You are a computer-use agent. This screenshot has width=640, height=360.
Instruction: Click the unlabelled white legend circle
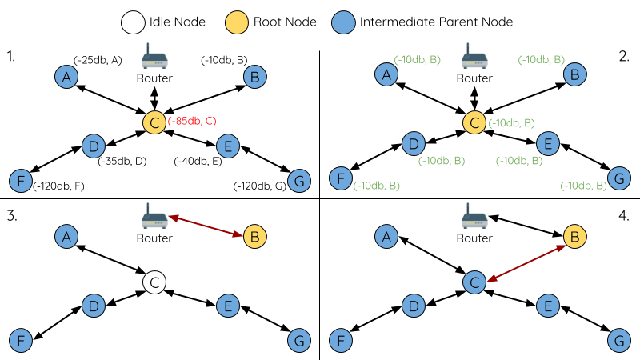click(x=134, y=22)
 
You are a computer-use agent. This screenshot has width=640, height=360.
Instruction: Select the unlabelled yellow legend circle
click(x=238, y=22)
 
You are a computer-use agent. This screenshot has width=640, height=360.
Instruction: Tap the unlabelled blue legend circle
click(x=343, y=22)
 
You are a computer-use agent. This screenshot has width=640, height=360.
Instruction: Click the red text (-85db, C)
click(x=192, y=122)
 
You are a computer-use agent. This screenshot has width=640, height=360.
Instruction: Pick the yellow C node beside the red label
click(x=154, y=122)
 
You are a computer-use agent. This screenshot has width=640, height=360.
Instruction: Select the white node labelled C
click(x=154, y=282)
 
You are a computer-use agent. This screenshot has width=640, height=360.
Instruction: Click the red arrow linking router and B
click(x=206, y=226)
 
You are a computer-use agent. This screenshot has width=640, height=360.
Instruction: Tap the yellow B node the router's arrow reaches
click(x=254, y=237)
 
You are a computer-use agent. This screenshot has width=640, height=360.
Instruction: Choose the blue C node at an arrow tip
click(x=475, y=282)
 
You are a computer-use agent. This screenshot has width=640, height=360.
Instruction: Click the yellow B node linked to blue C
click(x=574, y=237)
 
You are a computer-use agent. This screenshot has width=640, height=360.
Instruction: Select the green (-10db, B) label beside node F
click(x=377, y=186)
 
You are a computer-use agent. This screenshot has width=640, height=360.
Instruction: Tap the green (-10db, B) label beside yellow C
click(x=511, y=123)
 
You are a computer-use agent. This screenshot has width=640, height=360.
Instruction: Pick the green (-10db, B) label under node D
click(x=442, y=161)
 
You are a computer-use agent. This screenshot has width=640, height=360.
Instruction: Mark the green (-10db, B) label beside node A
click(x=418, y=60)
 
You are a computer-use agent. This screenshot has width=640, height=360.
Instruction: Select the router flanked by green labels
click(x=475, y=58)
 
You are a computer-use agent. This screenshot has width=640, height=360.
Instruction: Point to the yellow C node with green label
click(x=475, y=122)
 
